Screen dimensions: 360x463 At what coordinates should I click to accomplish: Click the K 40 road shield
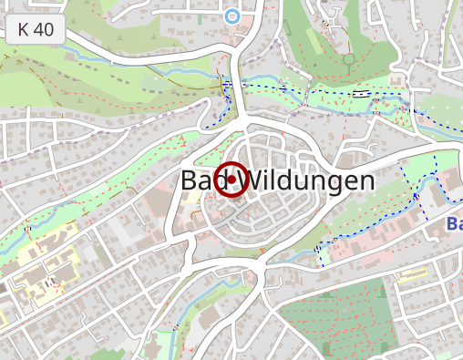tap(36, 29)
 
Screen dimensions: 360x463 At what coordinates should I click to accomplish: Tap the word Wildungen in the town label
tap(311, 180)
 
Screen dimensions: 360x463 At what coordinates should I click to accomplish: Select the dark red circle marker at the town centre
tap(231, 180)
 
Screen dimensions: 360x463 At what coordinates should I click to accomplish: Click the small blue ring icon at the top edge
tap(231, 15)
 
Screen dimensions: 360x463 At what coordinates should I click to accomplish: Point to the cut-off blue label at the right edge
tap(454, 223)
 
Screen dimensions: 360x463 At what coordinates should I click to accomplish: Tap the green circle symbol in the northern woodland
tap(348, 60)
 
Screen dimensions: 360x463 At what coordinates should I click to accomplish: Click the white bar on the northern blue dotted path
tap(362, 92)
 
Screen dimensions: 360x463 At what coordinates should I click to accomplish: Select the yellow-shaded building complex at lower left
tap(41, 278)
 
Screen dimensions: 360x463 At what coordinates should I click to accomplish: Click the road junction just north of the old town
tap(239, 118)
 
